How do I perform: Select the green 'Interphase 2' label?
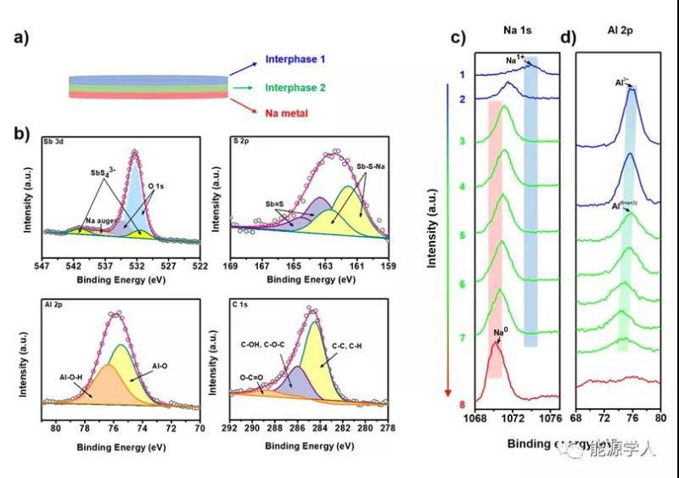tap(296, 87)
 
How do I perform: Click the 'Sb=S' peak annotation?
tap(277, 205)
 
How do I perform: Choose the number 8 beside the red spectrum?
tap(462, 404)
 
